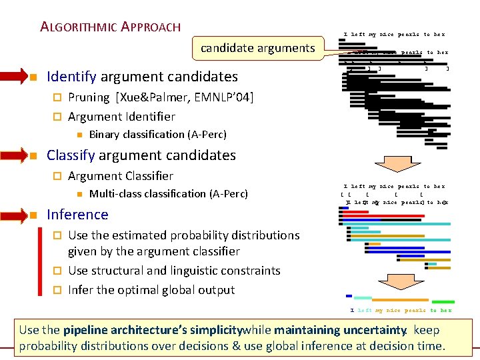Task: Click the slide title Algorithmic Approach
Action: (x=110, y=27)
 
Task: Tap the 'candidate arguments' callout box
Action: (x=257, y=48)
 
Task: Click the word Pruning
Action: (x=89, y=97)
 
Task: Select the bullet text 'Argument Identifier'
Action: (x=121, y=117)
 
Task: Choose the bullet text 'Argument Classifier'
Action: (x=121, y=176)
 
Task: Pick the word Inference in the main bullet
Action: (x=77, y=215)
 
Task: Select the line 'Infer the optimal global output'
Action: (x=151, y=290)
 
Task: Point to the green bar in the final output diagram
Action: (x=443, y=302)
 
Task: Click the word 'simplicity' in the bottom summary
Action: (x=210, y=330)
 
